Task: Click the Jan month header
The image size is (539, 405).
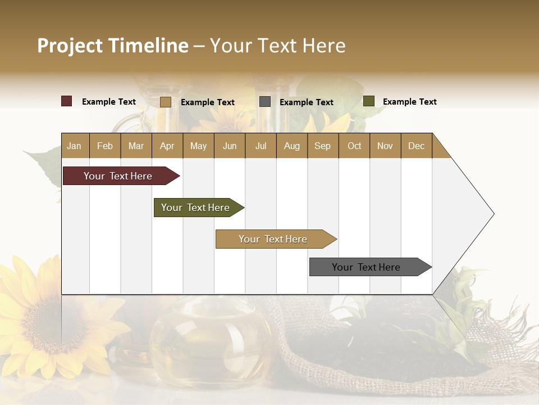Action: coord(74,146)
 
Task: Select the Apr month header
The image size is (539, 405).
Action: coord(167,146)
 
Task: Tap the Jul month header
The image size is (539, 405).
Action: coord(261,146)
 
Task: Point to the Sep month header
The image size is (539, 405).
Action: coord(322,146)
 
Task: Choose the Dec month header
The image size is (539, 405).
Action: coord(416,146)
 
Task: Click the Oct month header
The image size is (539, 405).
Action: coord(354,146)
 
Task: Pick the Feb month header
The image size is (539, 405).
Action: coord(105,146)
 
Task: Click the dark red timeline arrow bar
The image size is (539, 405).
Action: coord(118,176)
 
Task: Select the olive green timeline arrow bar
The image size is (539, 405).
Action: coord(195,208)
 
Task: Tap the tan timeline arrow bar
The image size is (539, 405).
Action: coord(273,239)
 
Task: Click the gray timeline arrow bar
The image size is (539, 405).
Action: coord(366,267)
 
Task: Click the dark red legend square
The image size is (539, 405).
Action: coord(67,101)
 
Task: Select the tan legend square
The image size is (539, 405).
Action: coord(166,102)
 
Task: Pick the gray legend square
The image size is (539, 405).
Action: coord(265,102)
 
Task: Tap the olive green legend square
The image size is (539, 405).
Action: coord(369,101)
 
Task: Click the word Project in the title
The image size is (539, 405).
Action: coord(70,46)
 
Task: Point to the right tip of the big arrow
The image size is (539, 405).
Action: coord(492,214)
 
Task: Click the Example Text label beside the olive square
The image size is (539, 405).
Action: coord(409,101)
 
